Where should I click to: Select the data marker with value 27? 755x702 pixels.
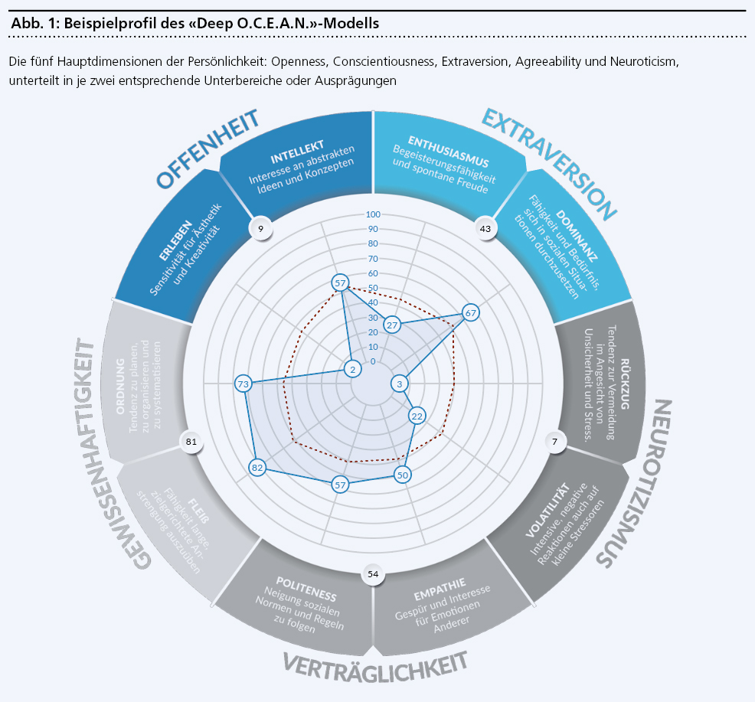392,325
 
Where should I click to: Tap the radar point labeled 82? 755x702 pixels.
257,468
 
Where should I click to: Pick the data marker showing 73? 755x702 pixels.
243,384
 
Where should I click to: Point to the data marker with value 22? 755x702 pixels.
417,416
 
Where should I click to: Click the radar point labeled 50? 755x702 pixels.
402,475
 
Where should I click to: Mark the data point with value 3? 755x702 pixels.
398,384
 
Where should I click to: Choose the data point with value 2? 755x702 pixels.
352,370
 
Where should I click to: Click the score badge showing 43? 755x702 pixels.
485,228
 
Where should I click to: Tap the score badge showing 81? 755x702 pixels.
191,441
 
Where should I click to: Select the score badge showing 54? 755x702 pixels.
373,573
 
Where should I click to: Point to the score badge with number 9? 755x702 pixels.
261,227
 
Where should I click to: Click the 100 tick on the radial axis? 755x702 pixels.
373,214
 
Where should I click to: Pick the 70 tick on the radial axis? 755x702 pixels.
373,259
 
